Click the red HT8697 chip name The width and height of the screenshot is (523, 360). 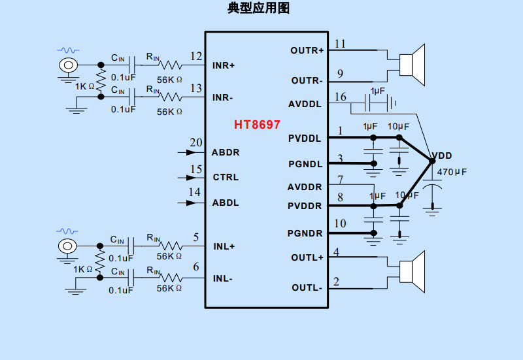[x=258, y=124]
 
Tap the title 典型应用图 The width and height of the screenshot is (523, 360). [x=258, y=8]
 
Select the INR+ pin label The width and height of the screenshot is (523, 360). [x=224, y=66]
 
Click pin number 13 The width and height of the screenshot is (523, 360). [x=195, y=88]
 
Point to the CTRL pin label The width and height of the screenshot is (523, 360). [x=226, y=177]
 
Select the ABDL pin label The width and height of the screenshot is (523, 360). [x=226, y=203]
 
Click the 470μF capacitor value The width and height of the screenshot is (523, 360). [x=452, y=172]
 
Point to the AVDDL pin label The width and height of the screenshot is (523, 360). [x=305, y=104]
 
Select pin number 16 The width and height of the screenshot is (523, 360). [x=340, y=97]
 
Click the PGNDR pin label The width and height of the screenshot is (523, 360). [x=305, y=233]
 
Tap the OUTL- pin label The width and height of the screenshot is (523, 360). [x=307, y=287]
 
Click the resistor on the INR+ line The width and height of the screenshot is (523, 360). [x=171, y=65]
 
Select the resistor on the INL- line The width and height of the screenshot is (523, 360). [x=171, y=278]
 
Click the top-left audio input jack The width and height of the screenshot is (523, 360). [x=67, y=65]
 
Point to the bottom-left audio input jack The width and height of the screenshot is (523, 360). [x=67, y=246]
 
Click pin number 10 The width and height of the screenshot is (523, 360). [x=340, y=224]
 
